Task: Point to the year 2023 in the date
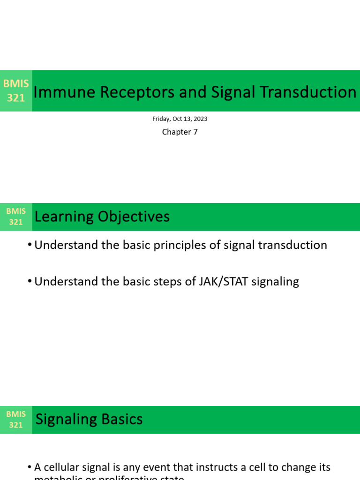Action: point(200,119)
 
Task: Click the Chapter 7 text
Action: point(180,132)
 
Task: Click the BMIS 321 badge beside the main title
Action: point(16,91)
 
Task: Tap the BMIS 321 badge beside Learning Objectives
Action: point(16,217)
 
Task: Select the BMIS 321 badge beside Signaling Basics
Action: point(16,420)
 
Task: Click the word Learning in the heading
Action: point(64,217)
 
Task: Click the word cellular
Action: point(62,467)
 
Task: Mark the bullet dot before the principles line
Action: point(30,245)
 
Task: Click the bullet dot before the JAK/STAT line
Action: point(30,282)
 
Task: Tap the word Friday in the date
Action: point(162,119)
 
